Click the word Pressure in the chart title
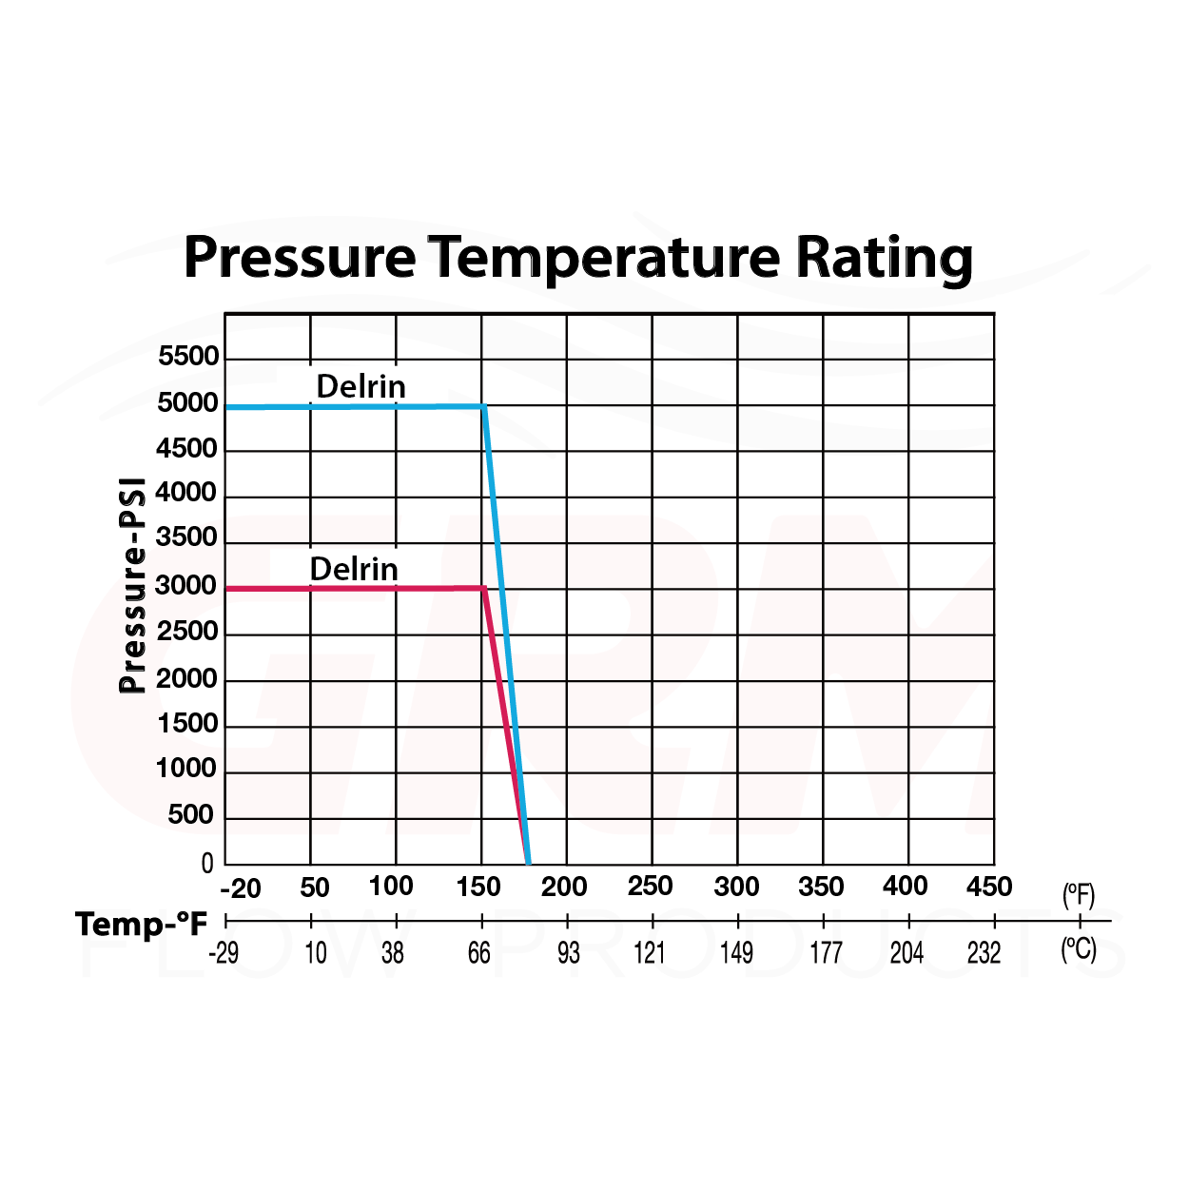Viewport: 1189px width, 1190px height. [x=300, y=258]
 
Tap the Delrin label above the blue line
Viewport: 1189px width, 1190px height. [x=361, y=386]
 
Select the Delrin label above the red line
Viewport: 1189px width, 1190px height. [x=354, y=569]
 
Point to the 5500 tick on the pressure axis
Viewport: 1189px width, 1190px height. [x=188, y=357]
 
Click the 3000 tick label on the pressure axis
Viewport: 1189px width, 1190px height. [x=186, y=586]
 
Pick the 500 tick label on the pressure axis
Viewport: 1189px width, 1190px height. [x=190, y=815]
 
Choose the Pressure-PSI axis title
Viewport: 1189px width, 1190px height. [x=133, y=586]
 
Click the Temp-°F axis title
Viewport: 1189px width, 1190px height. [x=142, y=924]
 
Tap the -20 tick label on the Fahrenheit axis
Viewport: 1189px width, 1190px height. [x=241, y=888]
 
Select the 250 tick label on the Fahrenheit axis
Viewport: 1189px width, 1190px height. [x=651, y=887]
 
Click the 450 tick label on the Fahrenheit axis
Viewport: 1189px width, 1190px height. [x=989, y=887]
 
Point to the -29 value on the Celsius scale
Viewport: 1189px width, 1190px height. [x=224, y=952]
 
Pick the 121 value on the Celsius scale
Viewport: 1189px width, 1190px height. [x=650, y=952]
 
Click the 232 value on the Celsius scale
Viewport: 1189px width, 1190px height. [x=984, y=952]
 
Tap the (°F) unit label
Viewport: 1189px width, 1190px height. [x=1079, y=895]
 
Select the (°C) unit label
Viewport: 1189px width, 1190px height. [x=1079, y=949]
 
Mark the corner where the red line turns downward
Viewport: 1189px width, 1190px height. [x=484, y=588]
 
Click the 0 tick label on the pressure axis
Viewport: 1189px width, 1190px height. [x=207, y=864]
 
